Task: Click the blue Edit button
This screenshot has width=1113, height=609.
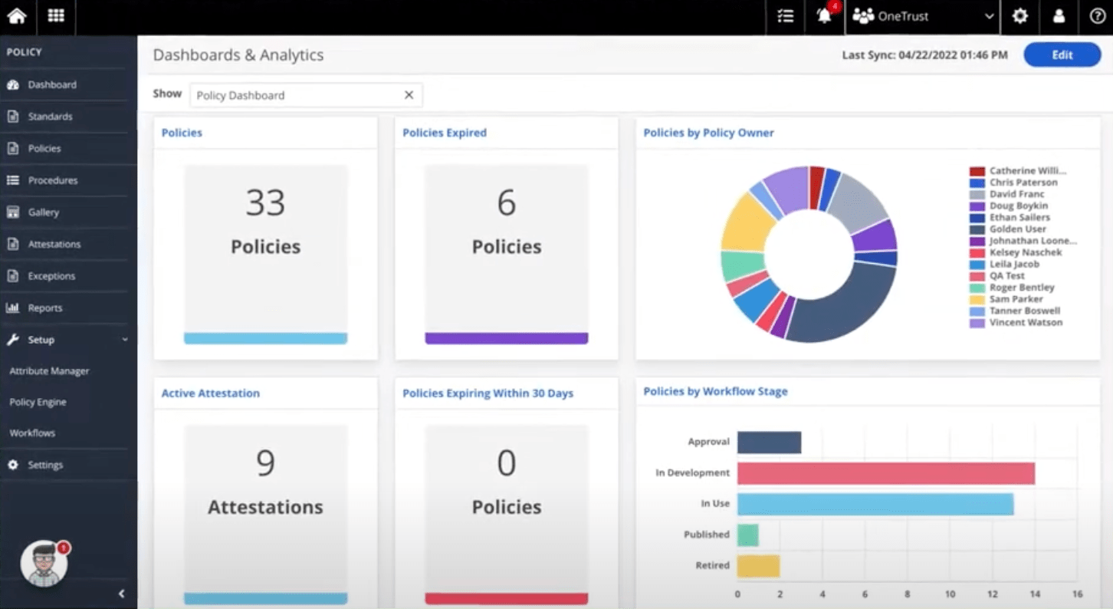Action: click(1062, 55)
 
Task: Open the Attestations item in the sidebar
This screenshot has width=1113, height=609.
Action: click(54, 244)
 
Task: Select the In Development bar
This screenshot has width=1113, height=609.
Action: click(885, 473)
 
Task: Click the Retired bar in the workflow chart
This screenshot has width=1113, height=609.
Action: click(758, 566)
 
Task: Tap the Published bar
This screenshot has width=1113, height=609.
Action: click(747, 535)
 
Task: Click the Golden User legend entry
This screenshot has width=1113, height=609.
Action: click(1017, 229)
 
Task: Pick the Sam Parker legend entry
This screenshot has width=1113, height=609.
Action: click(1016, 299)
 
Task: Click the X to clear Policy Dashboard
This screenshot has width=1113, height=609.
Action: click(409, 95)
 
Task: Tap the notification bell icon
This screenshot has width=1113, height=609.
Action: click(824, 16)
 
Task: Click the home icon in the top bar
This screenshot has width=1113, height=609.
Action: click(17, 16)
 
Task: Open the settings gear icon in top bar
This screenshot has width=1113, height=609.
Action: click(1019, 16)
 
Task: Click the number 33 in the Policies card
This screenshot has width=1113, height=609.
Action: click(265, 203)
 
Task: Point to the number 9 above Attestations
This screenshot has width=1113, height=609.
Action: click(265, 463)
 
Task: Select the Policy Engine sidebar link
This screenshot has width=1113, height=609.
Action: click(38, 402)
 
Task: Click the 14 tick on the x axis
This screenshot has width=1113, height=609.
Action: click(1035, 594)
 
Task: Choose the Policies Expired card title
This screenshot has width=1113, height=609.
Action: click(445, 133)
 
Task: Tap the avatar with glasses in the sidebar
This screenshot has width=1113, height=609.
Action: click(44, 564)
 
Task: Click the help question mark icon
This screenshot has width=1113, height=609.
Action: click(1097, 16)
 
